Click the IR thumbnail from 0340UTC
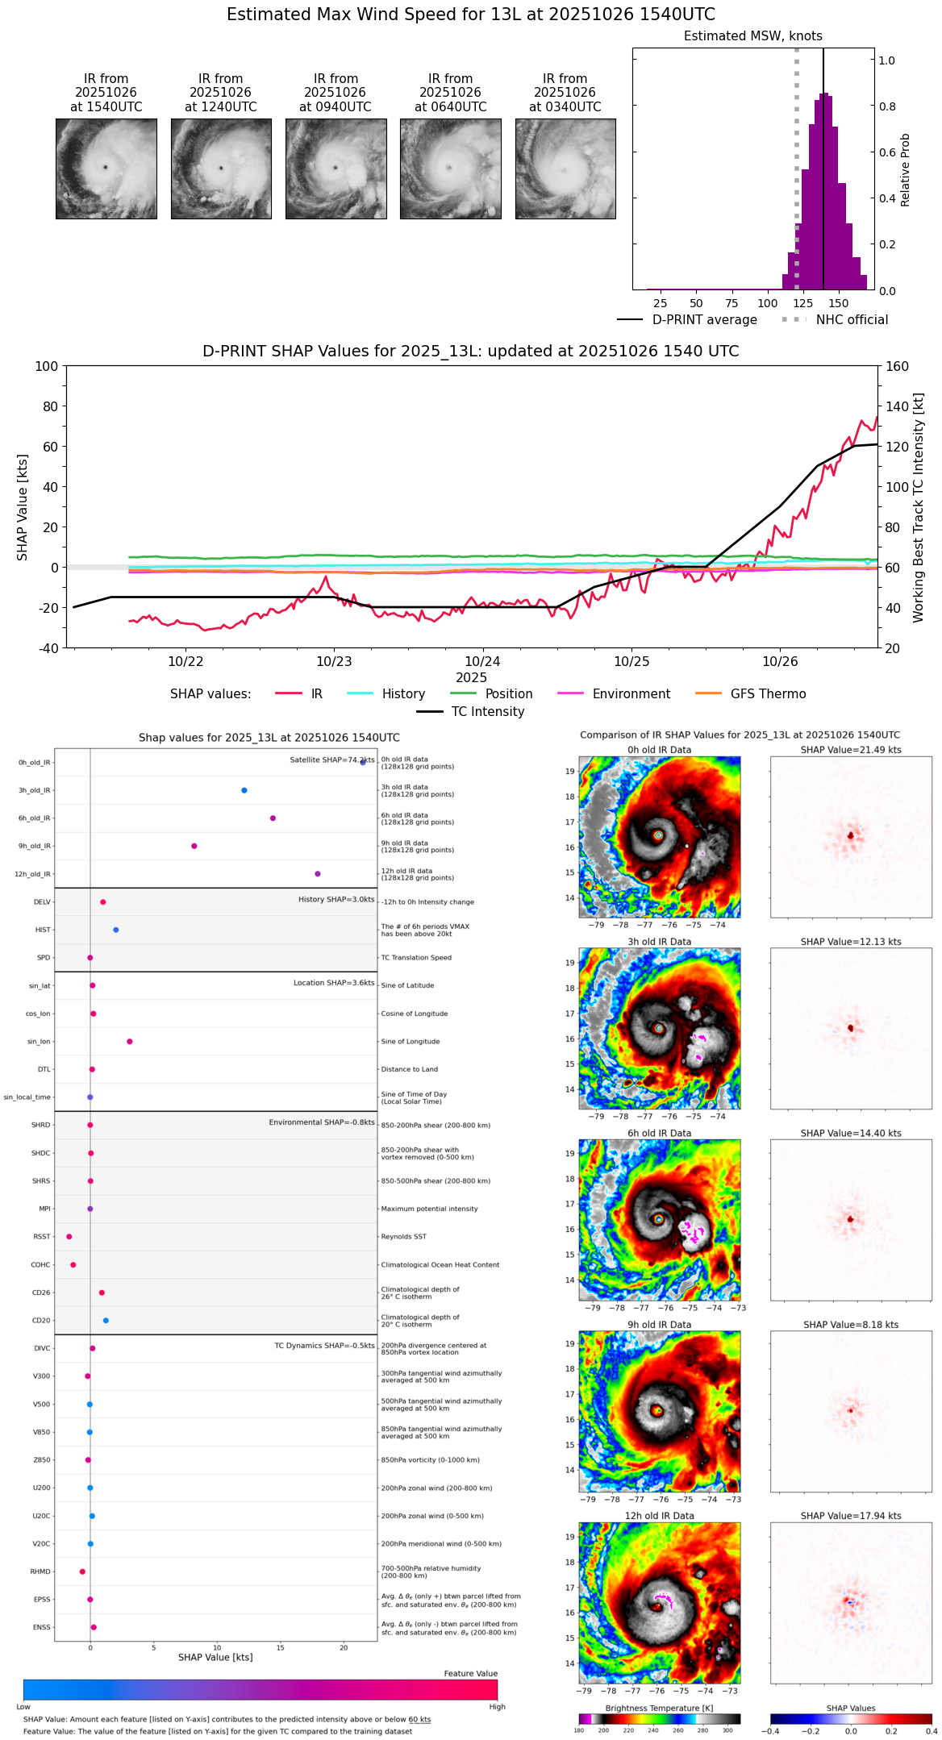[565, 169]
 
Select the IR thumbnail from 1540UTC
[106, 169]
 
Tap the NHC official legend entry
[852, 320]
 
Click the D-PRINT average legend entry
[704, 320]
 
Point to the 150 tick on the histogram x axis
[839, 304]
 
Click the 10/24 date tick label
[482, 662]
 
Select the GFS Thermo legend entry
[768, 694]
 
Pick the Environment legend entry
[631, 694]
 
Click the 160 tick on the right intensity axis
[897, 367]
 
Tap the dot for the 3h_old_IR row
[244, 790]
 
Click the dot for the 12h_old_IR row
[318, 874]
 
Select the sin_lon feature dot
[130, 1042]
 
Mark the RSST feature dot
[69, 1237]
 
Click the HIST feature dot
[116, 930]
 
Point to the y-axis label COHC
[40, 1265]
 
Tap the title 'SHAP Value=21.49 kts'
[851, 750]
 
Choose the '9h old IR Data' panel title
[659, 1325]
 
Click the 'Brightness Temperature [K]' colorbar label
[659, 1708]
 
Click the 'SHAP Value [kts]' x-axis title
[215, 1657]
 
